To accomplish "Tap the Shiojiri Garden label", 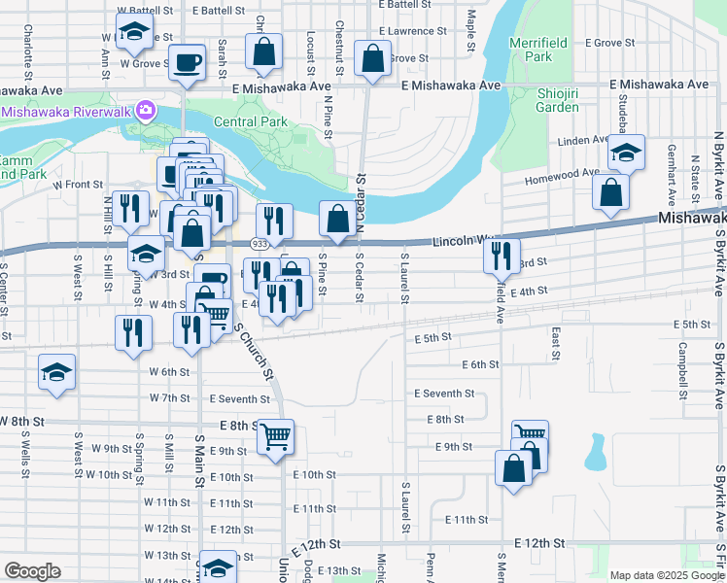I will (x=557, y=100).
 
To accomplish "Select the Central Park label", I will (x=251, y=122).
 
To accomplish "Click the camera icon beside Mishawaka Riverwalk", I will (x=146, y=111).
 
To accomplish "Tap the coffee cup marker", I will (x=187, y=64).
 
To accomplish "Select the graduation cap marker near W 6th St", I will (x=56, y=373).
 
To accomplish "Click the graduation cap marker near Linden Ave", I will (x=627, y=153).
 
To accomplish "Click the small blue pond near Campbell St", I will (x=595, y=452).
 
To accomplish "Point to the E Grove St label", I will (x=609, y=44).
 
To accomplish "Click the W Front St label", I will (x=78, y=184).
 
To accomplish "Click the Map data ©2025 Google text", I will (x=666, y=575).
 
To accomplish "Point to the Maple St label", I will (x=471, y=32).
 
